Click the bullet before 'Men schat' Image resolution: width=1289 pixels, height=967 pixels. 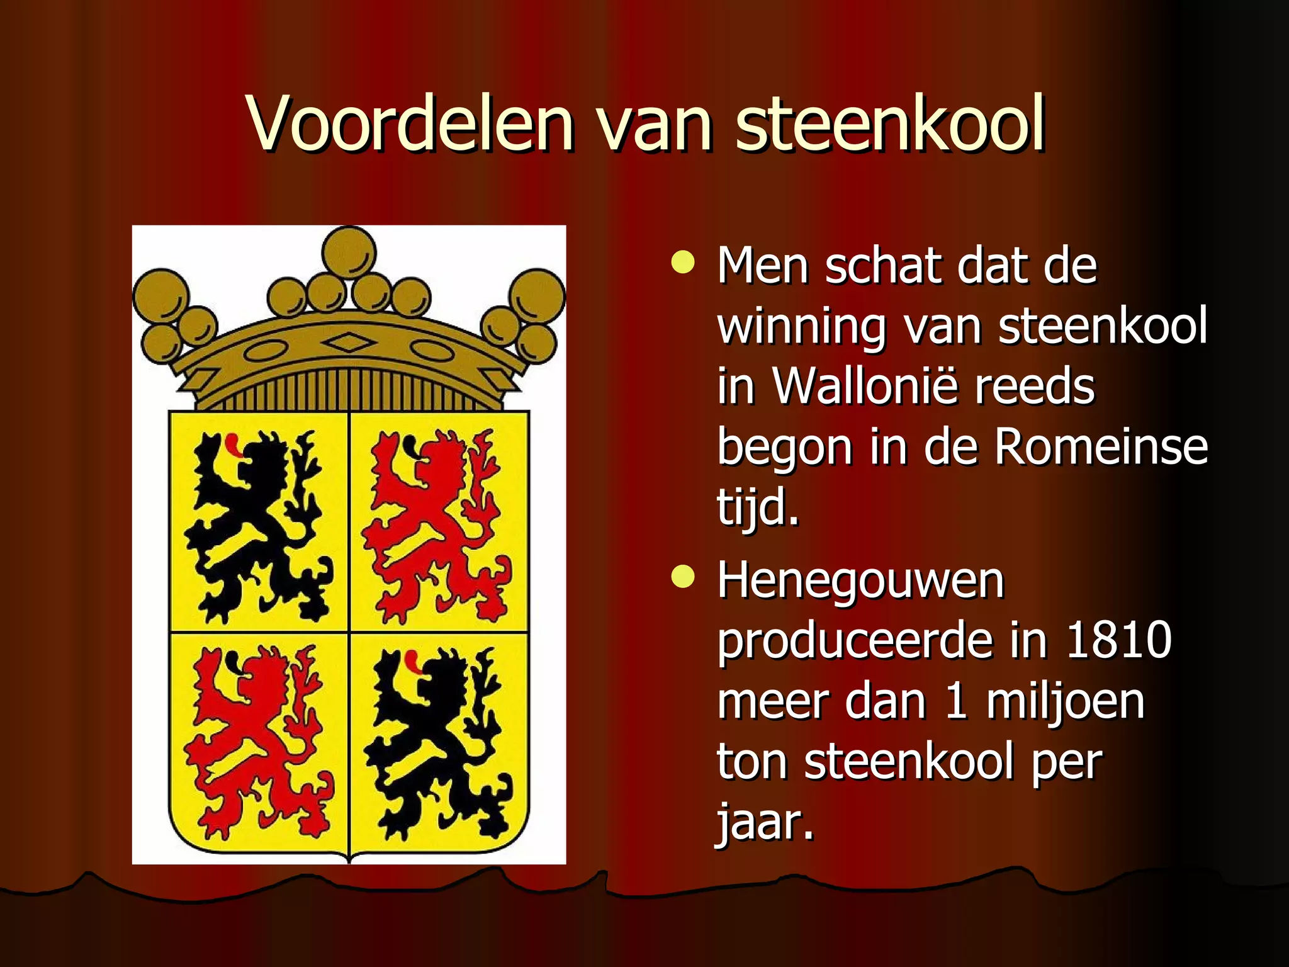tap(683, 263)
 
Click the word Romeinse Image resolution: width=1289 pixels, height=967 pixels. tap(1101, 446)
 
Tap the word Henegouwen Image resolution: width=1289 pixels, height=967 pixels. tap(860, 580)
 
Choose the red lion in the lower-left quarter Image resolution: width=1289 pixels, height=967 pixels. tap(258, 743)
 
